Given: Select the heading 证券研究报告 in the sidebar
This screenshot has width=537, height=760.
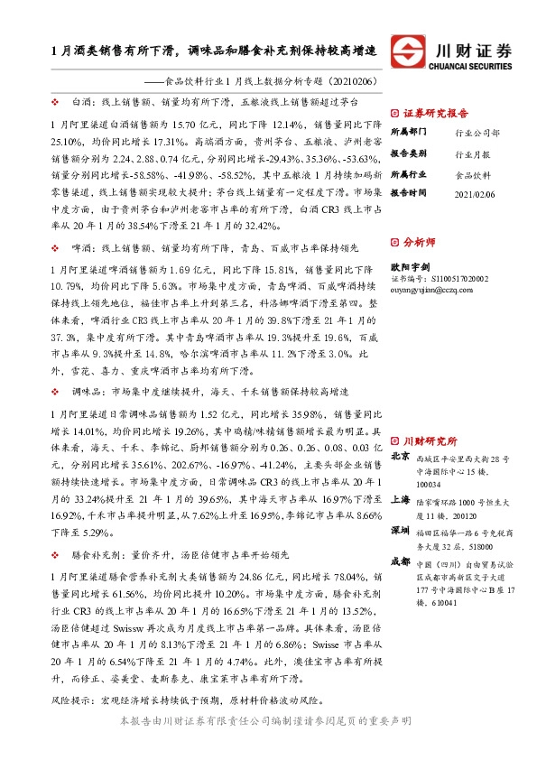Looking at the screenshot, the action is click(x=431, y=115).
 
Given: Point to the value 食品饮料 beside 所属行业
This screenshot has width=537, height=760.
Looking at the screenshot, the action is click(x=473, y=173).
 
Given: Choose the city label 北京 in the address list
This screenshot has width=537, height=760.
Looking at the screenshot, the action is click(x=400, y=458).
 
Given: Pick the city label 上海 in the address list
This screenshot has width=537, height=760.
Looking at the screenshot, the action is click(x=400, y=497).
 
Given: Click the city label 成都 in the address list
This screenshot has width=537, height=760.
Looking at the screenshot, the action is click(x=400, y=561).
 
